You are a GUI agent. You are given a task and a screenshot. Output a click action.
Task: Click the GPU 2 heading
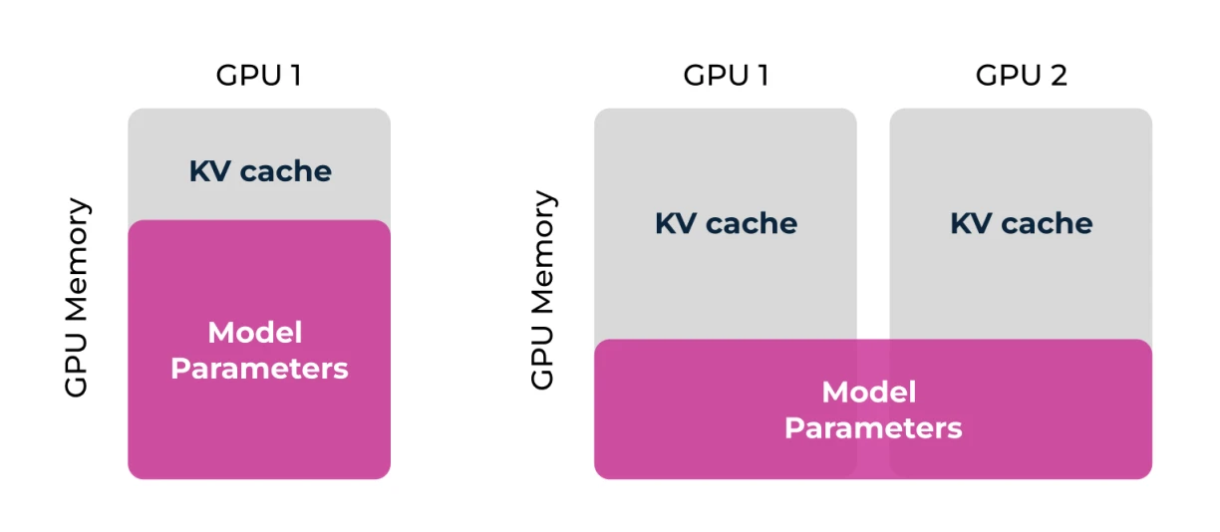click(x=1021, y=76)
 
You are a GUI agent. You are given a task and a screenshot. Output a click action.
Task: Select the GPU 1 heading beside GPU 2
click(x=726, y=76)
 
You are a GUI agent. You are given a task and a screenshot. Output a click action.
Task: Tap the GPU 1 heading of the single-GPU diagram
click(x=258, y=76)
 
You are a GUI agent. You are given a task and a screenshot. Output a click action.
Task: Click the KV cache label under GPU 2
click(x=1021, y=223)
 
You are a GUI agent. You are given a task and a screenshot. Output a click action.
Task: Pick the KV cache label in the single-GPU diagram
click(x=259, y=171)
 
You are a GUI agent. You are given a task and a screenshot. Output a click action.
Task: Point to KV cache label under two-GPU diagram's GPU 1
click(x=726, y=223)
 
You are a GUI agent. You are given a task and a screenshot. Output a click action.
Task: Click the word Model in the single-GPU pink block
click(x=255, y=333)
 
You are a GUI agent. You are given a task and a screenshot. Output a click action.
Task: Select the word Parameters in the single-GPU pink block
click(x=259, y=369)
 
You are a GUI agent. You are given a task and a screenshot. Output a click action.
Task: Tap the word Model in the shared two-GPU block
click(x=868, y=393)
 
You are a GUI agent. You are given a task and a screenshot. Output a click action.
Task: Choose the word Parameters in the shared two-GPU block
click(x=872, y=428)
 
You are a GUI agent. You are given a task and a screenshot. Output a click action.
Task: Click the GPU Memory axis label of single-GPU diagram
click(x=77, y=298)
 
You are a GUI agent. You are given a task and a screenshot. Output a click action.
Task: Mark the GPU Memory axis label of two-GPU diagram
click(x=542, y=290)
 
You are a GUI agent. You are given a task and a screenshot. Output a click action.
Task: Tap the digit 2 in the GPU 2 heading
click(x=1058, y=76)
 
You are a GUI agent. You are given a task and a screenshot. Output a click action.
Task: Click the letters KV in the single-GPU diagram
click(x=207, y=171)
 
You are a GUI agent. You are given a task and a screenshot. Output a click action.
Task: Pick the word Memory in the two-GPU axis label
click(x=542, y=256)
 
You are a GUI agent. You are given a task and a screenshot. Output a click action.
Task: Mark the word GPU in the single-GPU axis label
click(x=77, y=370)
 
